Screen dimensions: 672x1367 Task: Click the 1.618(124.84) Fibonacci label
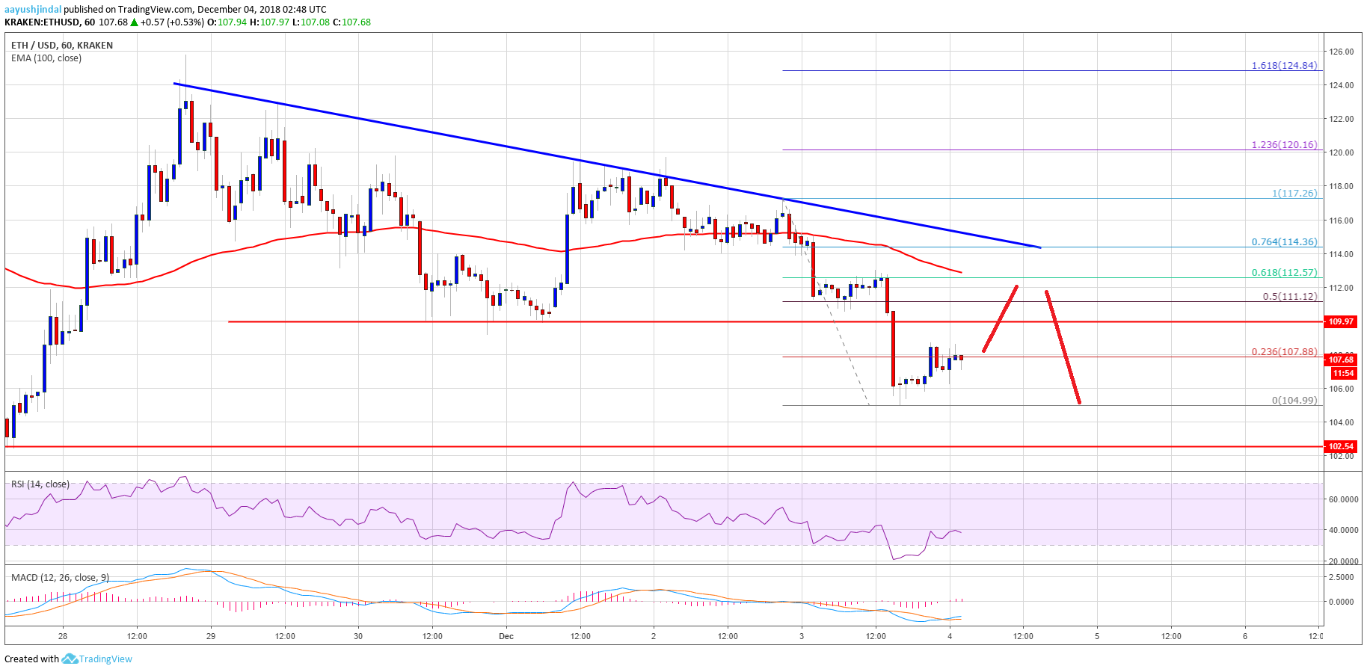[1284, 66]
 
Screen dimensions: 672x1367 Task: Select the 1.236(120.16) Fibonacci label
[1284, 145]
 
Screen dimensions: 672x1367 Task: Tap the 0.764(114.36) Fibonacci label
[1284, 242]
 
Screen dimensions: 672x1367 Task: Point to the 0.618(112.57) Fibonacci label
[1284, 273]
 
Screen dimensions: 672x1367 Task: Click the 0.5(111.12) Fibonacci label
[1289, 297]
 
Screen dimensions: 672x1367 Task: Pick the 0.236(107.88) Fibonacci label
[1284, 352]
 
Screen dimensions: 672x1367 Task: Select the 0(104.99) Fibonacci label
[1294, 401]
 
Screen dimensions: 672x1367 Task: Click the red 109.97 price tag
[1340, 321]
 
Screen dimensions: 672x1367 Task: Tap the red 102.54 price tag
[1340, 446]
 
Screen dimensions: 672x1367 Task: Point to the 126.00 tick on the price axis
[1342, 52]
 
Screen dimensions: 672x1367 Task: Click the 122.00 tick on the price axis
[1342, 119]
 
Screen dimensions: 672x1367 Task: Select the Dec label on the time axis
[506, 637]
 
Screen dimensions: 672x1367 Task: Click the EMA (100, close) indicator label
[46, 58]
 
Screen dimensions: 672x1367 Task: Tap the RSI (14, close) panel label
[40, 484]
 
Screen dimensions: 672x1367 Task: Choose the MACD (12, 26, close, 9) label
[60, 578]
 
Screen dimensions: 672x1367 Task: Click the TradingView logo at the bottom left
[96, 659]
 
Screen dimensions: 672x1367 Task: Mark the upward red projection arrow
[1001, 318]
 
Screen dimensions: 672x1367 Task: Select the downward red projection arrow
[1063, 348]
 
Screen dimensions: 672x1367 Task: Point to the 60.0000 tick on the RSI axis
[1343, 499]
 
